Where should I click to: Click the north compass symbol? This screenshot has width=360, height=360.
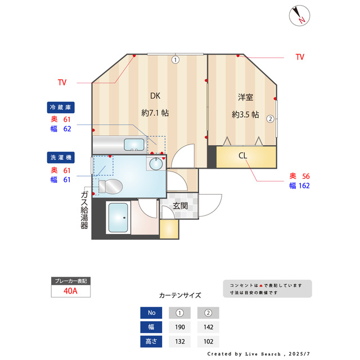(300, 15)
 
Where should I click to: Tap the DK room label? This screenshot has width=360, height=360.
(155, 96)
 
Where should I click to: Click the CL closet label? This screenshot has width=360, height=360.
(243, 156)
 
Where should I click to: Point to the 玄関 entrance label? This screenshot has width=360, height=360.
(180, 205)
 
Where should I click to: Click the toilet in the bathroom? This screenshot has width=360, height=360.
(110, 186)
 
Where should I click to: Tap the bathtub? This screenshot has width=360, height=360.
(119, 218)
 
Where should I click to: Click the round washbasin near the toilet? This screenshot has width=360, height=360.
(155, 164)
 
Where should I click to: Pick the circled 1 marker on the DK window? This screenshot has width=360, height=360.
(175, 58)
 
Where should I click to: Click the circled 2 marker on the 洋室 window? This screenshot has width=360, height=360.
(271, 119)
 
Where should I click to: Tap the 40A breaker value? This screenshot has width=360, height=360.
(71, 291)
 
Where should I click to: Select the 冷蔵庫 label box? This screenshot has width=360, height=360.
(61, 107)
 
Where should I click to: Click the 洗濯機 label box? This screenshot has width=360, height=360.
(61, 157)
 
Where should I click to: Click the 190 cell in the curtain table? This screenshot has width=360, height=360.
(179, 327)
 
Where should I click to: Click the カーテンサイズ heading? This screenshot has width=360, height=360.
(180, 295)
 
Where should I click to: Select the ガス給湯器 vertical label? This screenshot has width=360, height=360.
(84, 210)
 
